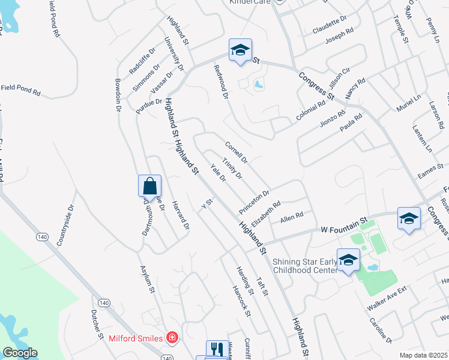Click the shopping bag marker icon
point(149,186)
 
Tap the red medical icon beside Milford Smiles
point(172,338)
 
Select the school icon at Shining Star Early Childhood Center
point(348,259)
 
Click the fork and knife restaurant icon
point(215,350)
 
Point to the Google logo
point(20,353)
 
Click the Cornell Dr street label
point(236,152)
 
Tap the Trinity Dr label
point(232,168)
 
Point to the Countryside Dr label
point(65,226)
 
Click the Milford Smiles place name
point(136,338)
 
